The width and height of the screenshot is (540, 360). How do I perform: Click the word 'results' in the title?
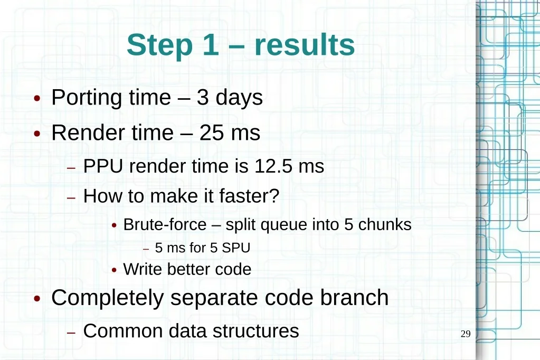tap(305, 45)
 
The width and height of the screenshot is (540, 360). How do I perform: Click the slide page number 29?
tap(466, 334)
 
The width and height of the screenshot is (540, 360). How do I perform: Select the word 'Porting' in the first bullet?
tap(87, 98)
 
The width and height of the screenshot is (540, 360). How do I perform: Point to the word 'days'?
tap(239, 98)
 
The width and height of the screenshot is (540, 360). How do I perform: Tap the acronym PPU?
tap(103, 166)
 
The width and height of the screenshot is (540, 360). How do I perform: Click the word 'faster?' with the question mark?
tap(249, 196)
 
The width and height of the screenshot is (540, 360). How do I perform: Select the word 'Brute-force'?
tap(165, 225)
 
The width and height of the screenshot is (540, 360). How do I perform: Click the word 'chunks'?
tap(385, 225)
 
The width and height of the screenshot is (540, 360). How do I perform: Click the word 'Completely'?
tap(108, 298)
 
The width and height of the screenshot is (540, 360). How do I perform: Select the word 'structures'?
tap(255, 331)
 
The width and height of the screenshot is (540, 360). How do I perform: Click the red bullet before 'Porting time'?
tap(37, 99)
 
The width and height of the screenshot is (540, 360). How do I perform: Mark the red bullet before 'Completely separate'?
tap(37, 298)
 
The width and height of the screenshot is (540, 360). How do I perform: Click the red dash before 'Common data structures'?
tap(71, 333)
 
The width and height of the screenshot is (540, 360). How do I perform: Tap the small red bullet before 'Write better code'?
tap(115, 270)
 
